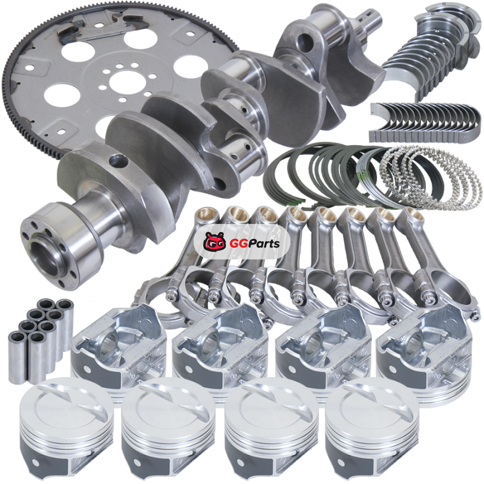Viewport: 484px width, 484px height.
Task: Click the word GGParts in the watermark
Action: [254, 244]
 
